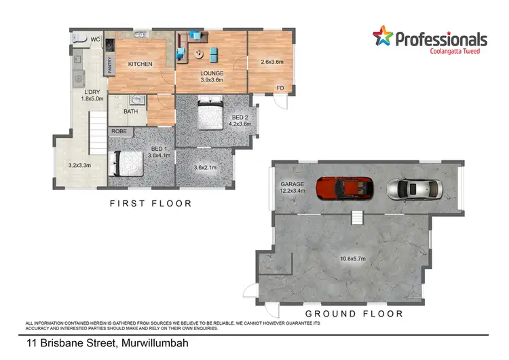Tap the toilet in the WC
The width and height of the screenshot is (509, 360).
pyautogui.click(x=79, y=38)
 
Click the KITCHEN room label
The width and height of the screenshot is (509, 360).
pyautogui.click(x=140, y=65)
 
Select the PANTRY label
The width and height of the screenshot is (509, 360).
pyautogui.click(x=111, y=65)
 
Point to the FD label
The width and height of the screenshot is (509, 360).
pyautogui.click(x=280, y=88)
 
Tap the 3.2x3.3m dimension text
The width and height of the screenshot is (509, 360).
pyautogui.click(x=80, y=165)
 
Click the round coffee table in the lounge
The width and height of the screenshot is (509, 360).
pyautogui.click(x=199, y=54)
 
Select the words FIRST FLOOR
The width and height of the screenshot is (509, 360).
pyautogui.click(x=151, y=203)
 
